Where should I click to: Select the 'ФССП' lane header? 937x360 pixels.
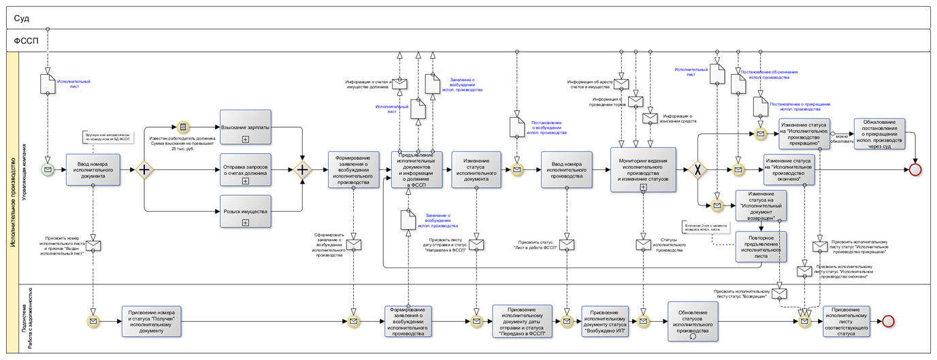point(27,41)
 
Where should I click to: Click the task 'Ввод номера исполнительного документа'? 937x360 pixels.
point(93,169)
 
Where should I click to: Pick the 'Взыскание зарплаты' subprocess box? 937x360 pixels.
point(245,127)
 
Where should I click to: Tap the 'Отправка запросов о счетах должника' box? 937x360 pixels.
point(245,170)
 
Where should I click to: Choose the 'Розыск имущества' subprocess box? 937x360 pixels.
point(245,212)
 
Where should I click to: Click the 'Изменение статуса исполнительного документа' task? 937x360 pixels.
point(476,169)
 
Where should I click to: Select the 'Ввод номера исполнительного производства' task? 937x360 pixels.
point(567,169)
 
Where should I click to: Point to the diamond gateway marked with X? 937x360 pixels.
point(697,169)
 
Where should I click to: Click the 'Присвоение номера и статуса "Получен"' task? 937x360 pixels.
point(152,321)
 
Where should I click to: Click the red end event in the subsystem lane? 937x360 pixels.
point(887,321)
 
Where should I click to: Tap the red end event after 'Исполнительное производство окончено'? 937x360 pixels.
point(915,169)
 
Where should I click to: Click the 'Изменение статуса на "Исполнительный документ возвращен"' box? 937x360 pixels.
point(761,205)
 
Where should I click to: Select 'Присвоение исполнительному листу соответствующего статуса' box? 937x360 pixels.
point(846,321)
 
